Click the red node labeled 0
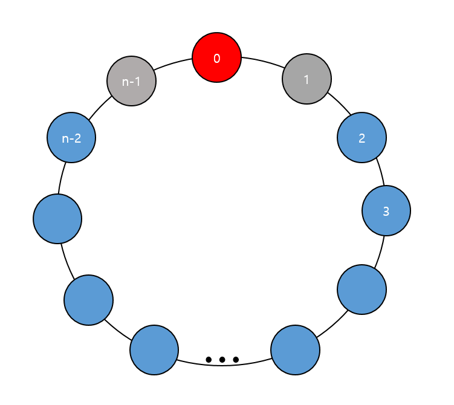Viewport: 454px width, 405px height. coord(217,58)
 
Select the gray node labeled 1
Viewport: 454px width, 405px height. coord(307,79)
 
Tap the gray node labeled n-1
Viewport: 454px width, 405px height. coord(131,81)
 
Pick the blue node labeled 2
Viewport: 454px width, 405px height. coord(362,138)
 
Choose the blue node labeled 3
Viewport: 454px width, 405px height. coord(386,211)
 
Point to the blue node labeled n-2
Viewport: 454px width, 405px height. coord(71,138)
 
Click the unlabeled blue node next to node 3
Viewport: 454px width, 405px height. coord(362,290)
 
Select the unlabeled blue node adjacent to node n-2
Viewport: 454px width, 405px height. coord(57,218)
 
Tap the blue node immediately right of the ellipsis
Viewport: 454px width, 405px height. coord(295,350)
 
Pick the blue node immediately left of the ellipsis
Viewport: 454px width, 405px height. coord(154,350)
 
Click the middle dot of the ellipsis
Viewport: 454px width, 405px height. coord(222,360)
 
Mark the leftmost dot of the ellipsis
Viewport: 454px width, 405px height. coord(209,360)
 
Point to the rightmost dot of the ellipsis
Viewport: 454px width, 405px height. coord(236,360)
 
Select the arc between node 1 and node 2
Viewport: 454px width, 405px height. coord(340,103)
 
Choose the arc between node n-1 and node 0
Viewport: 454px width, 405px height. coord(174,63)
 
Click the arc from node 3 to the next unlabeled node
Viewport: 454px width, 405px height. coord(380,250)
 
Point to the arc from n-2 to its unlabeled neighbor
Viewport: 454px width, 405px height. coord(62,178)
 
